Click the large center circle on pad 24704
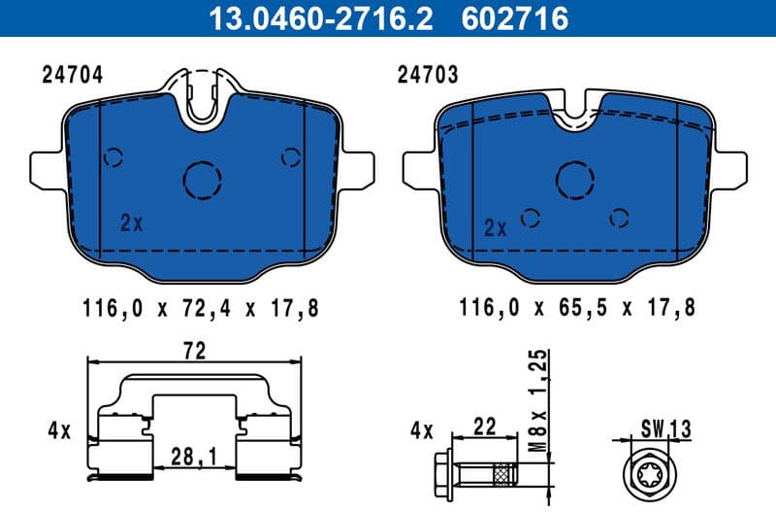click(x=204, y=178)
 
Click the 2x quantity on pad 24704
click(x=131, y=223)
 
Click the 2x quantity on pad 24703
click(x=495, y=228)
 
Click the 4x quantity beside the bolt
click(x=419, y=428)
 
